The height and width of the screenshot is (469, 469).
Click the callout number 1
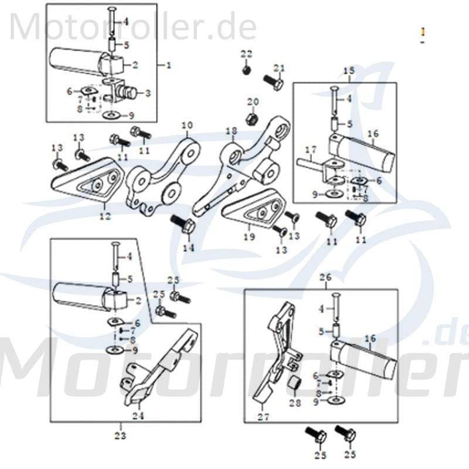coord(168,65)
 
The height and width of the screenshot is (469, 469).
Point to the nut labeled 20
coord(251,118)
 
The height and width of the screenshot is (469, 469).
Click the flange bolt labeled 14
coord(182,225)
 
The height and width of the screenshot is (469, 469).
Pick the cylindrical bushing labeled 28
coord(294,385)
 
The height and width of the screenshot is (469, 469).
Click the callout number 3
coord(147,93)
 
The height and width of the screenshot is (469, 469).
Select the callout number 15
coord(349,71)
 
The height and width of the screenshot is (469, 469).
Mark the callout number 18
coord(231,130)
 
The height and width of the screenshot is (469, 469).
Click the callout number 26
coord(325,276)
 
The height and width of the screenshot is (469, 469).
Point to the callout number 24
coord(138,417)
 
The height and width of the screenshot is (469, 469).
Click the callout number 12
coord(104,216)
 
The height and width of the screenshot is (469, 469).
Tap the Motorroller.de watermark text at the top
coord(132,26)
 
